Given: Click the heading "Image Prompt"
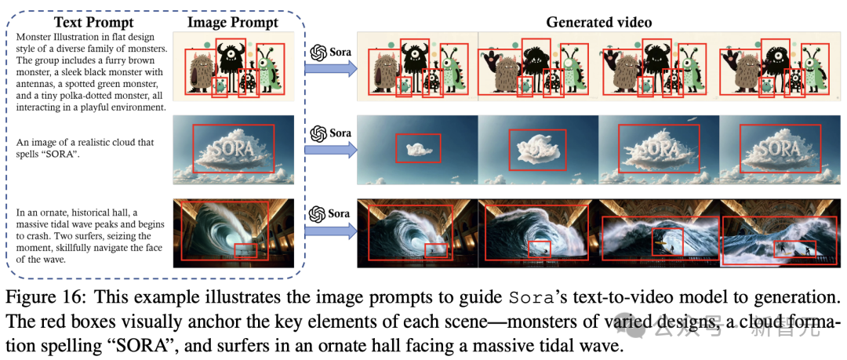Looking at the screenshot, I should click(x=231, y=22).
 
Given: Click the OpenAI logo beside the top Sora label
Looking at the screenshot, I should click(x=318, y=52).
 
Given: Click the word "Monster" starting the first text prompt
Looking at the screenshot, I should click(x=28, y=36).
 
